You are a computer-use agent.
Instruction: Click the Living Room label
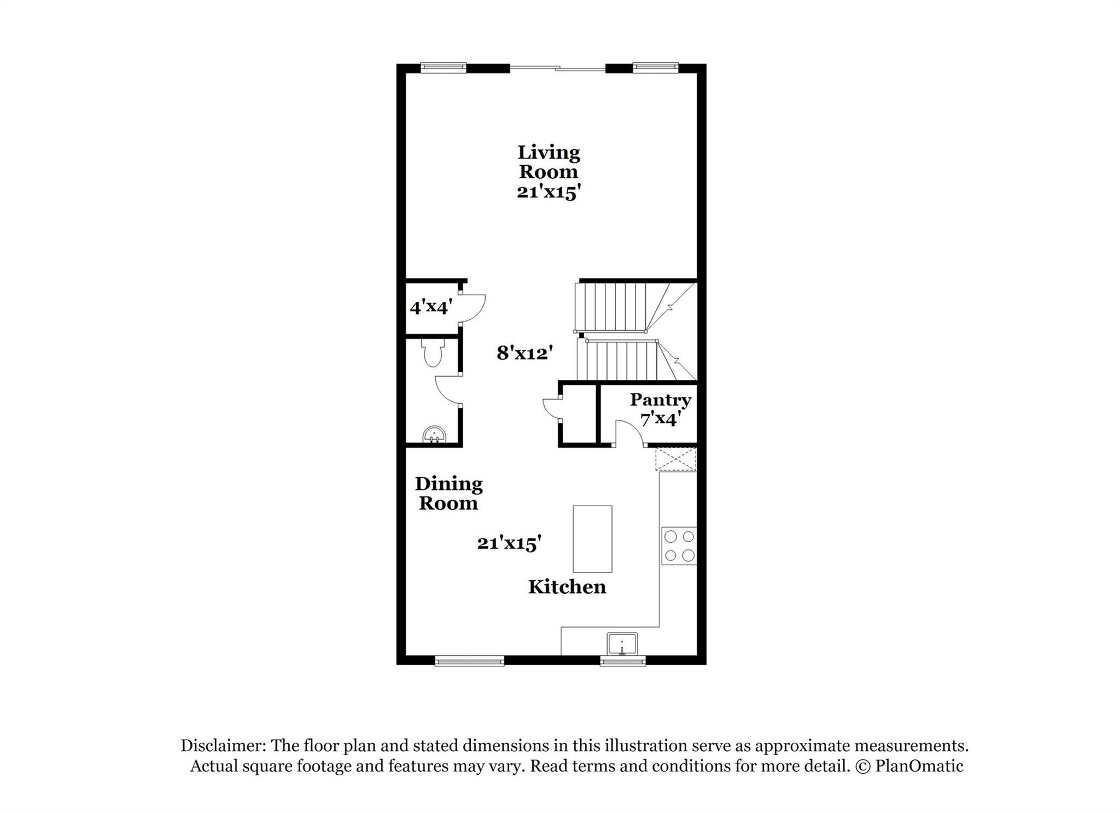[x=549, y=162]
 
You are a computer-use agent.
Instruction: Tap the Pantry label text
[x=660, y=400]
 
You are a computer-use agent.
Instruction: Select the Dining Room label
[x=448, y=493]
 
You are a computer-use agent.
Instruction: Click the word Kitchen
[x=567, y=587]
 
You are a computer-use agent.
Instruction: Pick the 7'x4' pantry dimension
[x=660, y=419]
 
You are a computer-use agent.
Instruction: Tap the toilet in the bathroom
[x=433, y=353]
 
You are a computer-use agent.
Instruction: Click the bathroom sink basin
[x=434, y=435]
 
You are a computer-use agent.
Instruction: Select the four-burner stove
[x=679, y=546]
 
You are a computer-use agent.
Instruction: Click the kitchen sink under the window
[x=622, y=643]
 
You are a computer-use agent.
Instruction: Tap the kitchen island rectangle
[x=592, y=538]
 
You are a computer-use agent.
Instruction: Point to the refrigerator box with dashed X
[x=676, y=459]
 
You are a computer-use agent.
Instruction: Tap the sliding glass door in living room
[x=558, y=68]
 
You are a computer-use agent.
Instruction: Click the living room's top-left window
[x=444, y=68]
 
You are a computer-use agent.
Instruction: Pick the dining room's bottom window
[x=469, y=661]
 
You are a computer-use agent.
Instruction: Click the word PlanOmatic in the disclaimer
[x=919, y=766]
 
